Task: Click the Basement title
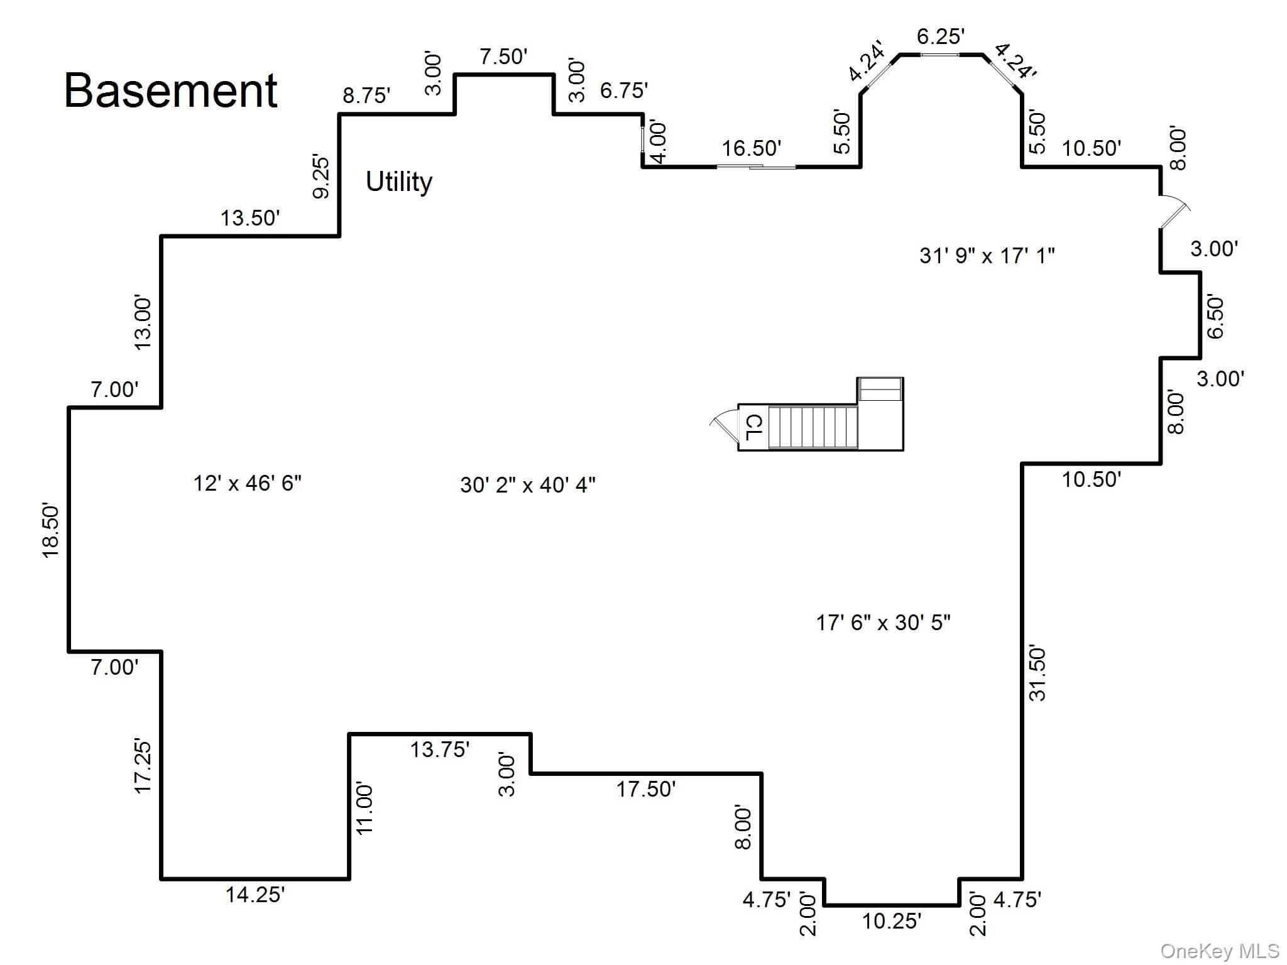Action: pyautogui.click(x=170, y=90)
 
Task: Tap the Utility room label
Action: pyautogui.click(x=399, y=182)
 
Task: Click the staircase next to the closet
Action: pyautogui.click(x=813, y=427)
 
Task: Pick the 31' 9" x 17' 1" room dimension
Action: pyautogui.click(x=987, y=256)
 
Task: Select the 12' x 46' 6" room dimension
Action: pyautogui.click(x=247, y=483)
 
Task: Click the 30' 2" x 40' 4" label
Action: pyautogui.click(x=527, y=485)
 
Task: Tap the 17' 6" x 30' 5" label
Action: pyautogui.click(x=883, y=623)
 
